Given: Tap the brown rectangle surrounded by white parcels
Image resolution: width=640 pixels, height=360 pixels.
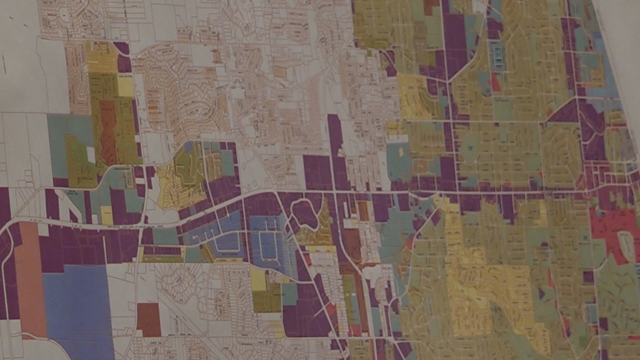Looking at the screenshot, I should point(149,319).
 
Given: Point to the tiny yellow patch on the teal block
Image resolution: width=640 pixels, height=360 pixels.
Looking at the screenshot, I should point(401,151).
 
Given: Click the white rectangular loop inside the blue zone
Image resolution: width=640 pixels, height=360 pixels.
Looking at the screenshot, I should point(268,247).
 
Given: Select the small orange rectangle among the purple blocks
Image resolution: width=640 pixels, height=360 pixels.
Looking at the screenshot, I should point(363,211).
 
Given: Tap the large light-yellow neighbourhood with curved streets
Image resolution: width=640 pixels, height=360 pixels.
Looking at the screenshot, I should point(477,292).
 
